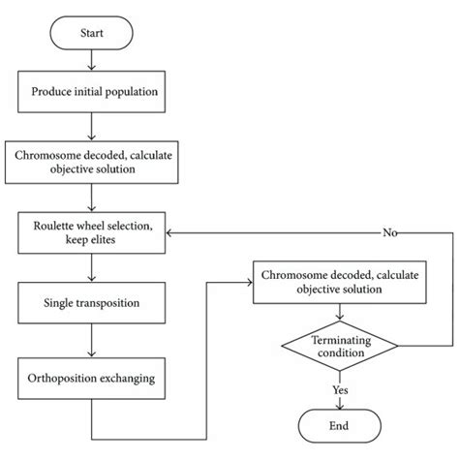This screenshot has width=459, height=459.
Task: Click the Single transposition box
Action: (90, 303)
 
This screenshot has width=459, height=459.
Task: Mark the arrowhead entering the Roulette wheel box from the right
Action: (171, 233)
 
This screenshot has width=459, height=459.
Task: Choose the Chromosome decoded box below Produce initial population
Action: (90, 161)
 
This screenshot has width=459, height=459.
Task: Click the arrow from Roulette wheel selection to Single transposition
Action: (90, 268)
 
